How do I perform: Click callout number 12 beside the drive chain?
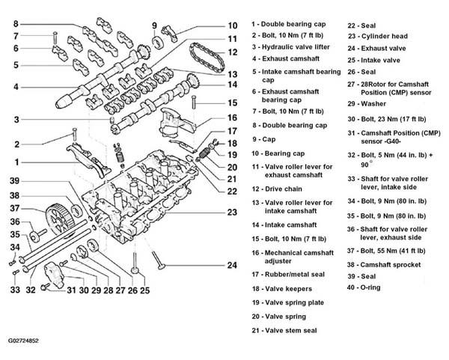pyautogui.click(x=233, y=52)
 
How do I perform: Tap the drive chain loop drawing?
pyautogui.click(x=206, y=58)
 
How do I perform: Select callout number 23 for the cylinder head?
pyautogui.click(x=232, y=213)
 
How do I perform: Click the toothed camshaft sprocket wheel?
pyautogui.click(x=58, y=219)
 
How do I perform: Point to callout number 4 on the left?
pyautogui.click(x=16, y=87)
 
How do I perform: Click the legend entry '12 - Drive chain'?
pyautogui.click(x=277, y=189)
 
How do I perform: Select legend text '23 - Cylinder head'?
pyautogui.click(x=378, y=37)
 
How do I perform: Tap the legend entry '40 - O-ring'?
pyautogui.click(x=364, y=287)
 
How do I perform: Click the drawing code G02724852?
pyautogui.click(x=23, y=341)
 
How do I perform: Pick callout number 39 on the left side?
pyautogui.click(x=15, y=180)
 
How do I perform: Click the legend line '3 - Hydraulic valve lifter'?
pyautogui.click(x=291, y=47)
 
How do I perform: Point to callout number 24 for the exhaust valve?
pyautogui.click(x=232, y=265)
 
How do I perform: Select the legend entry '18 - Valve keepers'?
pyautogui.click(x=282, y=289)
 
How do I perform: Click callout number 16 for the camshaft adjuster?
pyautogui.click(x=232, y=118)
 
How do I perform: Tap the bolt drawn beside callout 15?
pyautogui.click(x=194, y=103)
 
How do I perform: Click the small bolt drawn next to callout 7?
pyautogui.click(x=55, y=38)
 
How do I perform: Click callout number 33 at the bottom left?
pyautogui.click(x=15, y=290)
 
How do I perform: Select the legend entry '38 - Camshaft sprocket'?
pyautogui.click(x=384, y=265)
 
